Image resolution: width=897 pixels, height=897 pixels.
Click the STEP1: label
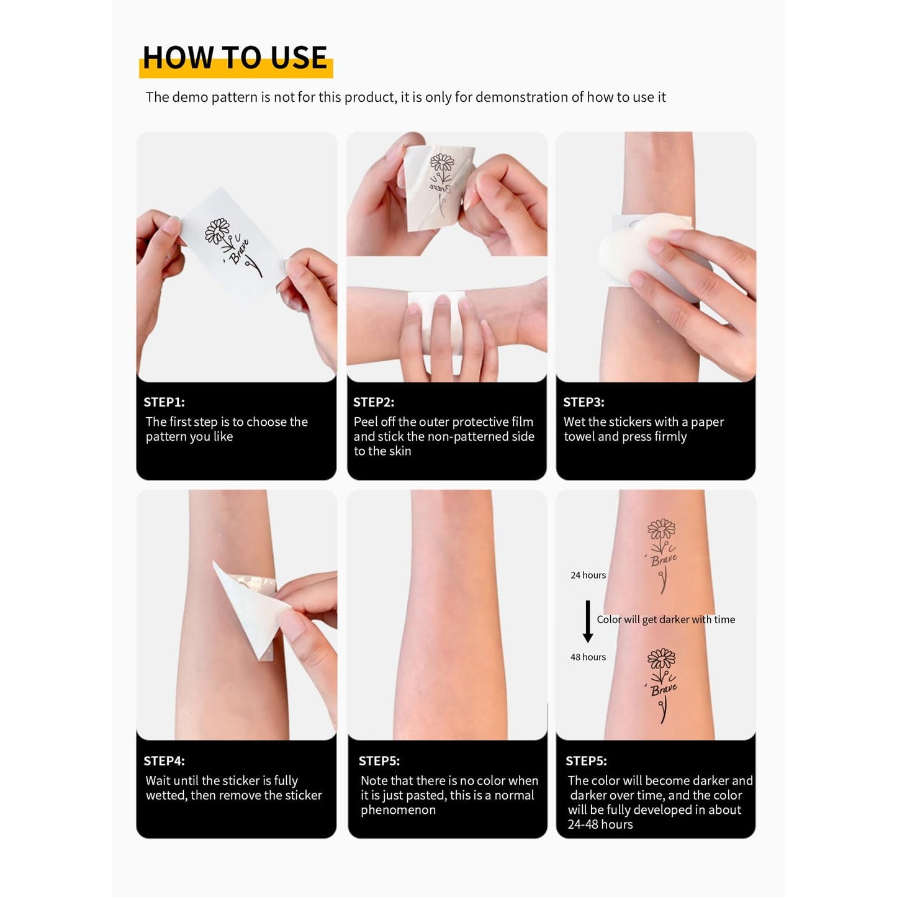(164, 402)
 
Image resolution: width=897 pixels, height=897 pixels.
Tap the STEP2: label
(373, 402)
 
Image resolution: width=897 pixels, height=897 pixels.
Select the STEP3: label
(584, 402)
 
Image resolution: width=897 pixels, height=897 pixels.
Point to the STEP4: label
(164, 760)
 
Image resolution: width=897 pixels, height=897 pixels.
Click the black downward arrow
(588, 621)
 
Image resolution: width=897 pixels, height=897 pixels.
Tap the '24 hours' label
(588, 575)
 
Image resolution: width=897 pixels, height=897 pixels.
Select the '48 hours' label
(588, 657)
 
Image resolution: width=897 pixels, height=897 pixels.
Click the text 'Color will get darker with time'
(665, 620)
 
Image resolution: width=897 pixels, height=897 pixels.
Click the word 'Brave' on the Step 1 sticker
(239, 251)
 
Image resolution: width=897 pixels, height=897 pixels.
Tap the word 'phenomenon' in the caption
(398, 810)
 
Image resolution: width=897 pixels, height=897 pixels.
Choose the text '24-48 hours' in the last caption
(600, 824)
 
